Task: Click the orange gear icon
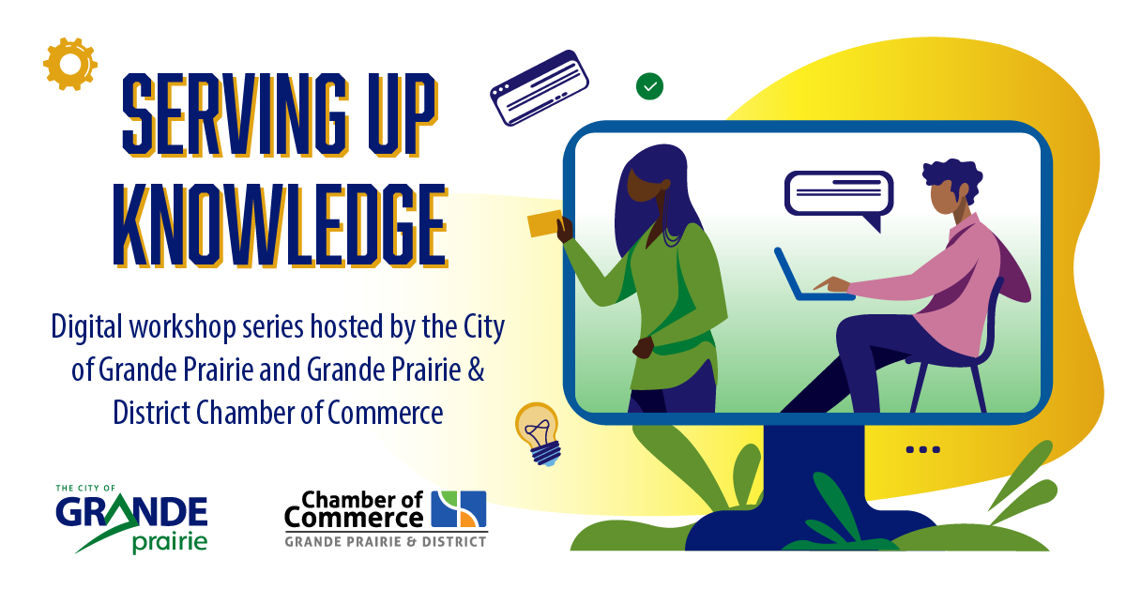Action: [x=69, y=65]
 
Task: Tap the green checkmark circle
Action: [x=649, y=86]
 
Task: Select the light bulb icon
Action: [x=538, y=433]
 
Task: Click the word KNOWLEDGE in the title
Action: [x=280, y=225]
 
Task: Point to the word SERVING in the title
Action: [x=235, y=114]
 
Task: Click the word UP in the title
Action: [x=403, y=114]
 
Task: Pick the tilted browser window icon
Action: [x=539, y=87]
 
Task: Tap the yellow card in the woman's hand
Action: [x=544, y=223]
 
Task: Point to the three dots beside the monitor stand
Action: [x=923, y=449]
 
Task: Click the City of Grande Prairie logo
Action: [x=131, y=519]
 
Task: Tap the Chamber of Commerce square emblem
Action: [x=459, y=508]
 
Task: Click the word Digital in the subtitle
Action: [x=87, y=327]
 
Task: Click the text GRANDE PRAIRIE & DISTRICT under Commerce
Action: [x=386, y=542]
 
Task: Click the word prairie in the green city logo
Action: [x=170, y=542]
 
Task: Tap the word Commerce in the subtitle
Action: [x=386, y=413]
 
